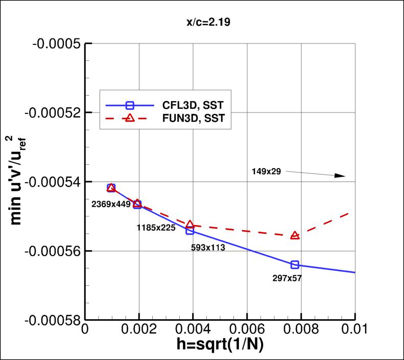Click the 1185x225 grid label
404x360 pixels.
click(x=156, y=228)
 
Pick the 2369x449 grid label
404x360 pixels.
click(x=111, y=204)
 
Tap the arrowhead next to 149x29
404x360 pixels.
click(x=340, y=176)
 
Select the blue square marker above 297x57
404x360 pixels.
click(x=295, y=264)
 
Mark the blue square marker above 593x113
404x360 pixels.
click(x=190, y=231)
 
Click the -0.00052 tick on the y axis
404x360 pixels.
click(x=52, y=112)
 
